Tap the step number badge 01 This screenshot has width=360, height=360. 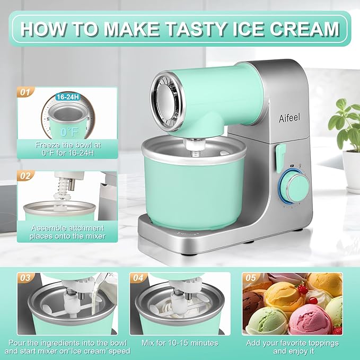coord(24,92)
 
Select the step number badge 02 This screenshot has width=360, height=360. coord(24,174)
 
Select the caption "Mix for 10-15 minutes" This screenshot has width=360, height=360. coord(180,343)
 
